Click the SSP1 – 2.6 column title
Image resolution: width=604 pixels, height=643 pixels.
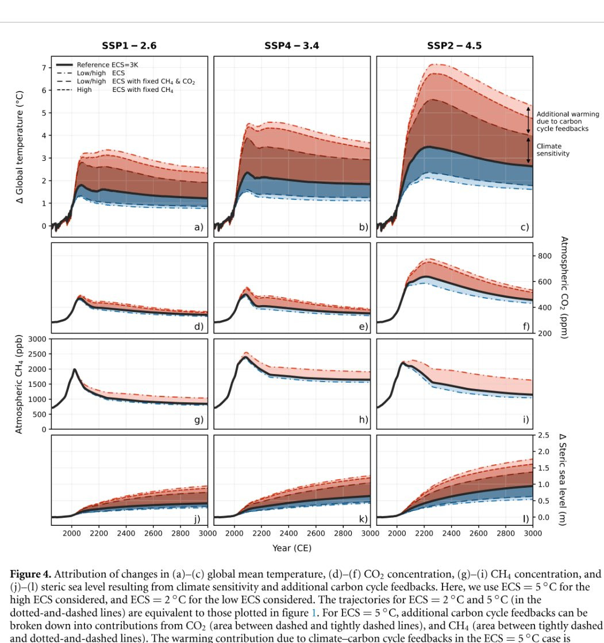[129, 46]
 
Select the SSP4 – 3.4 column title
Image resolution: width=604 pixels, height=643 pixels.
[291, 46]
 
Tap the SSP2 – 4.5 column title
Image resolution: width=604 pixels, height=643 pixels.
[454, 46]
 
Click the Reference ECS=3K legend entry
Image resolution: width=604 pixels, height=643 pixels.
[107, 65]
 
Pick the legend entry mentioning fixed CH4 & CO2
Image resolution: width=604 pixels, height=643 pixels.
[136, 82]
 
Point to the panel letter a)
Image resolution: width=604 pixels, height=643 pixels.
[198, 227]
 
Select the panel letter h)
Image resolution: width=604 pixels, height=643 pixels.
[363, 420]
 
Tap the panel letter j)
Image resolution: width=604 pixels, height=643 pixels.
[197, 519]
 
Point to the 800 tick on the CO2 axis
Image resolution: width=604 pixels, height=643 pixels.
[545, 256]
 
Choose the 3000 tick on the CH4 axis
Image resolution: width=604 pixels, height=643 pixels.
[37, 339]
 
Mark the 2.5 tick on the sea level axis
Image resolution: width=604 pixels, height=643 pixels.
[544, 436]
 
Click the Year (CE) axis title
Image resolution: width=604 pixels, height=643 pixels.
[292, 548]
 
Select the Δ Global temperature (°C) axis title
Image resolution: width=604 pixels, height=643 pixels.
[21, 147]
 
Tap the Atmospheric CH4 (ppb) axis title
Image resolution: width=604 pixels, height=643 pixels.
[18, 384]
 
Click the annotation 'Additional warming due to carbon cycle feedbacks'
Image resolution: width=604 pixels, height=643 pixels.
[567, 121]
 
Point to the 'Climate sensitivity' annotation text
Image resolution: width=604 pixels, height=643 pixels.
[553, 150]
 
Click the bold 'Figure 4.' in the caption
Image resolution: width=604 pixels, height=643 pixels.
[31, 574]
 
